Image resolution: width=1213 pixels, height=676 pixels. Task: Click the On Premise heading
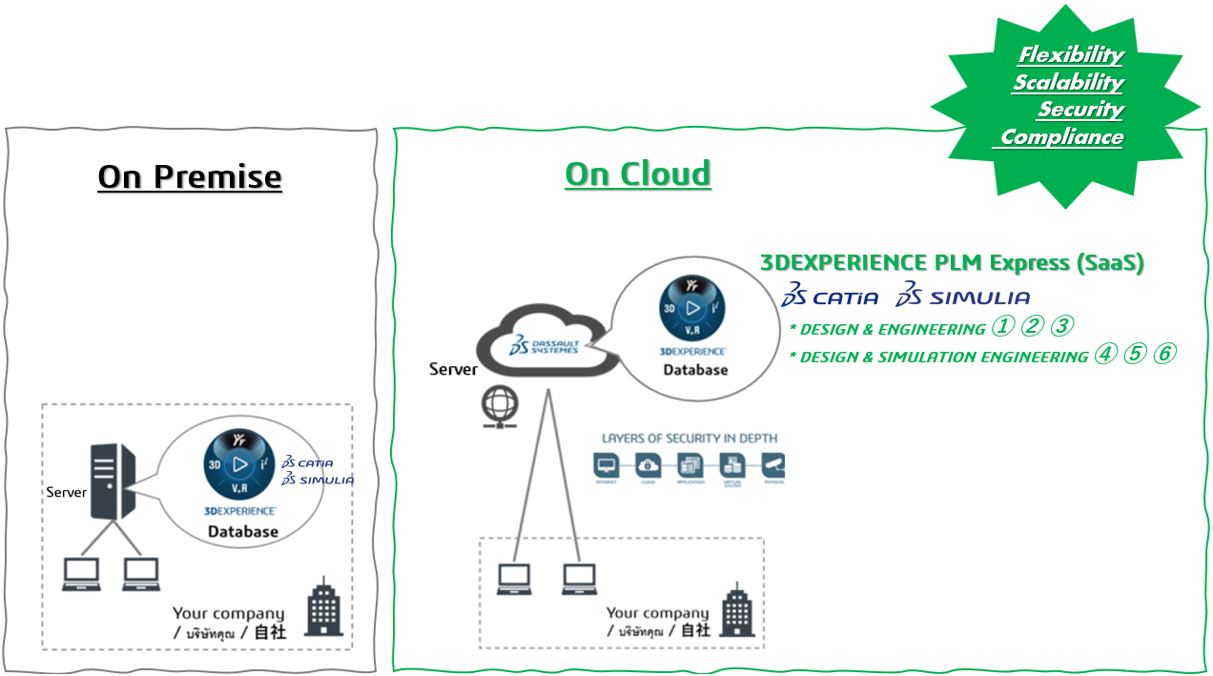(190, 177)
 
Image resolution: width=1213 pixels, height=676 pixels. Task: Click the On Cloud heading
(638, 174)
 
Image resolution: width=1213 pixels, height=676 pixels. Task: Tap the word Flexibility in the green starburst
(1071, 54)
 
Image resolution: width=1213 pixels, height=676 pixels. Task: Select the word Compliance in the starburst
(1061, 137)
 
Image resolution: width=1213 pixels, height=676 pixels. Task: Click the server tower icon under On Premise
(112, 481)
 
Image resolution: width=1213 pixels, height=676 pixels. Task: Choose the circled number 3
(1061, 327)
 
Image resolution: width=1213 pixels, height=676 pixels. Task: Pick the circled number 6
(1163, 355)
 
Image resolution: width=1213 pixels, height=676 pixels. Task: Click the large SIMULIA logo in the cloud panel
(963, 296)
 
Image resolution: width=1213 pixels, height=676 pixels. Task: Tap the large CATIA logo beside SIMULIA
(830, 296)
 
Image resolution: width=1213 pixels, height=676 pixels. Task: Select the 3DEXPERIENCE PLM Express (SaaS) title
(952, 263)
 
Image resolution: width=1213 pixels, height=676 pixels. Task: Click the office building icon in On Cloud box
(735, 610)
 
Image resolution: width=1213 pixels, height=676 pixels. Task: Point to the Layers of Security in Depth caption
(689, 439)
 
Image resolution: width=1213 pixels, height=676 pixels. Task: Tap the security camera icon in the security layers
(773, 465)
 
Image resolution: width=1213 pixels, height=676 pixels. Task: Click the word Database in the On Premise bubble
(243, 532)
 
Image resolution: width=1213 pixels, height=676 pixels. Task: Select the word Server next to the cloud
(453, 369)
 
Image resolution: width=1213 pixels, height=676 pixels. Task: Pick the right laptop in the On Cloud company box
(579, 579)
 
